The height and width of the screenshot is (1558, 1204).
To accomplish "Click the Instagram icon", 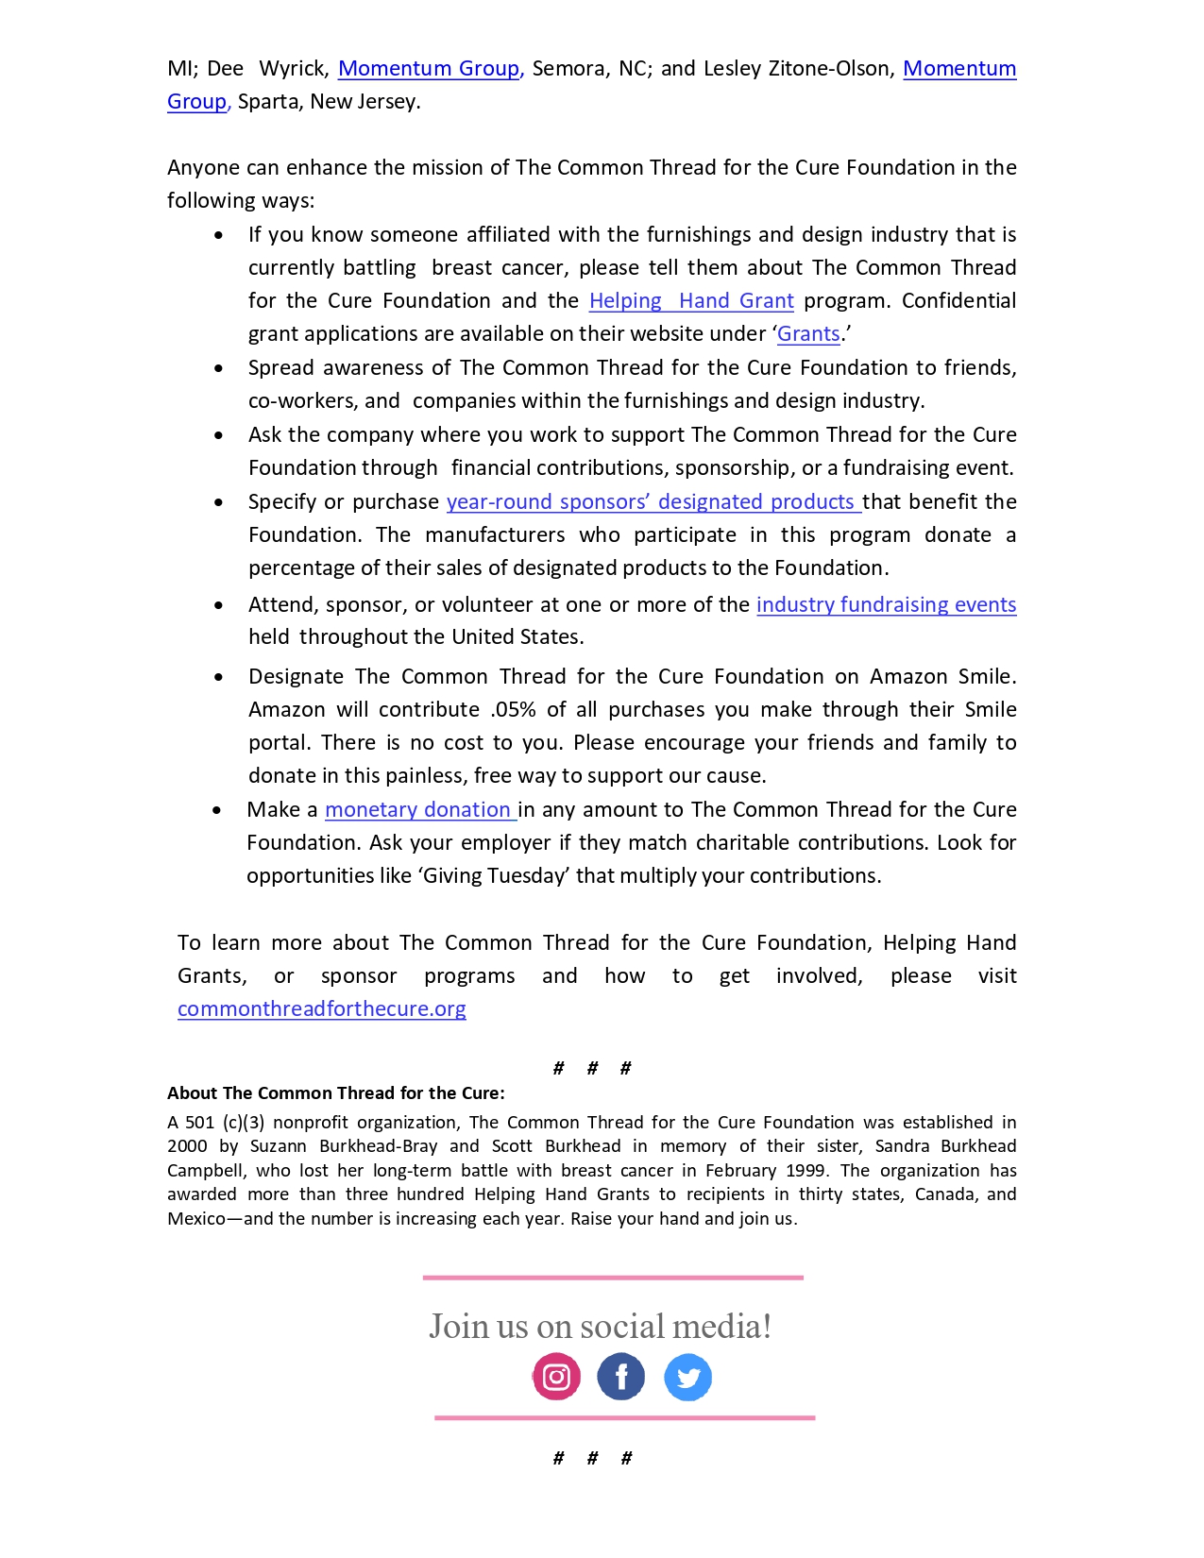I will tap(556, 1377).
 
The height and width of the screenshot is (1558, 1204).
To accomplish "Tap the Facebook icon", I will tap(620, 1377).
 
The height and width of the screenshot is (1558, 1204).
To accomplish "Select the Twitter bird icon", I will tap(687, 1378).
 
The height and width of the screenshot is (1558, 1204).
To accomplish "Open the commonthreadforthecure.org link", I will tap(321, 1008).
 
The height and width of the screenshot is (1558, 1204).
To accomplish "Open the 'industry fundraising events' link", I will tap(886, 604).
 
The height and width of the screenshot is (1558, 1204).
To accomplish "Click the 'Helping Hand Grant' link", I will tap(691, 300).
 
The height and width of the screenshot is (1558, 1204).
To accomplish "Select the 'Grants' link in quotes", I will tap(808, 333).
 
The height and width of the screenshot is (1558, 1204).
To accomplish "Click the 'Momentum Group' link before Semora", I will tap(429, 68).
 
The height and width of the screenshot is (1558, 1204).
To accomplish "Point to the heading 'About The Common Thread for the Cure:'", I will tap(335, 1092).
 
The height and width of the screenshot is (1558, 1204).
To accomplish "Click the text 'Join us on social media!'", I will tap(600, 1326).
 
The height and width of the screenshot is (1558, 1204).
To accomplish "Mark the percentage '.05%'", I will tap(514, 709).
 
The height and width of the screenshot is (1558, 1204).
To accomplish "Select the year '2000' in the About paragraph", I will tap(187, 1145).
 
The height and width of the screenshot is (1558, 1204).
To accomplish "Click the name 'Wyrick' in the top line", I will tap(293, 68).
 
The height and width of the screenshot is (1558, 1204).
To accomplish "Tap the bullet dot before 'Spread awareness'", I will tap(219, 368).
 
